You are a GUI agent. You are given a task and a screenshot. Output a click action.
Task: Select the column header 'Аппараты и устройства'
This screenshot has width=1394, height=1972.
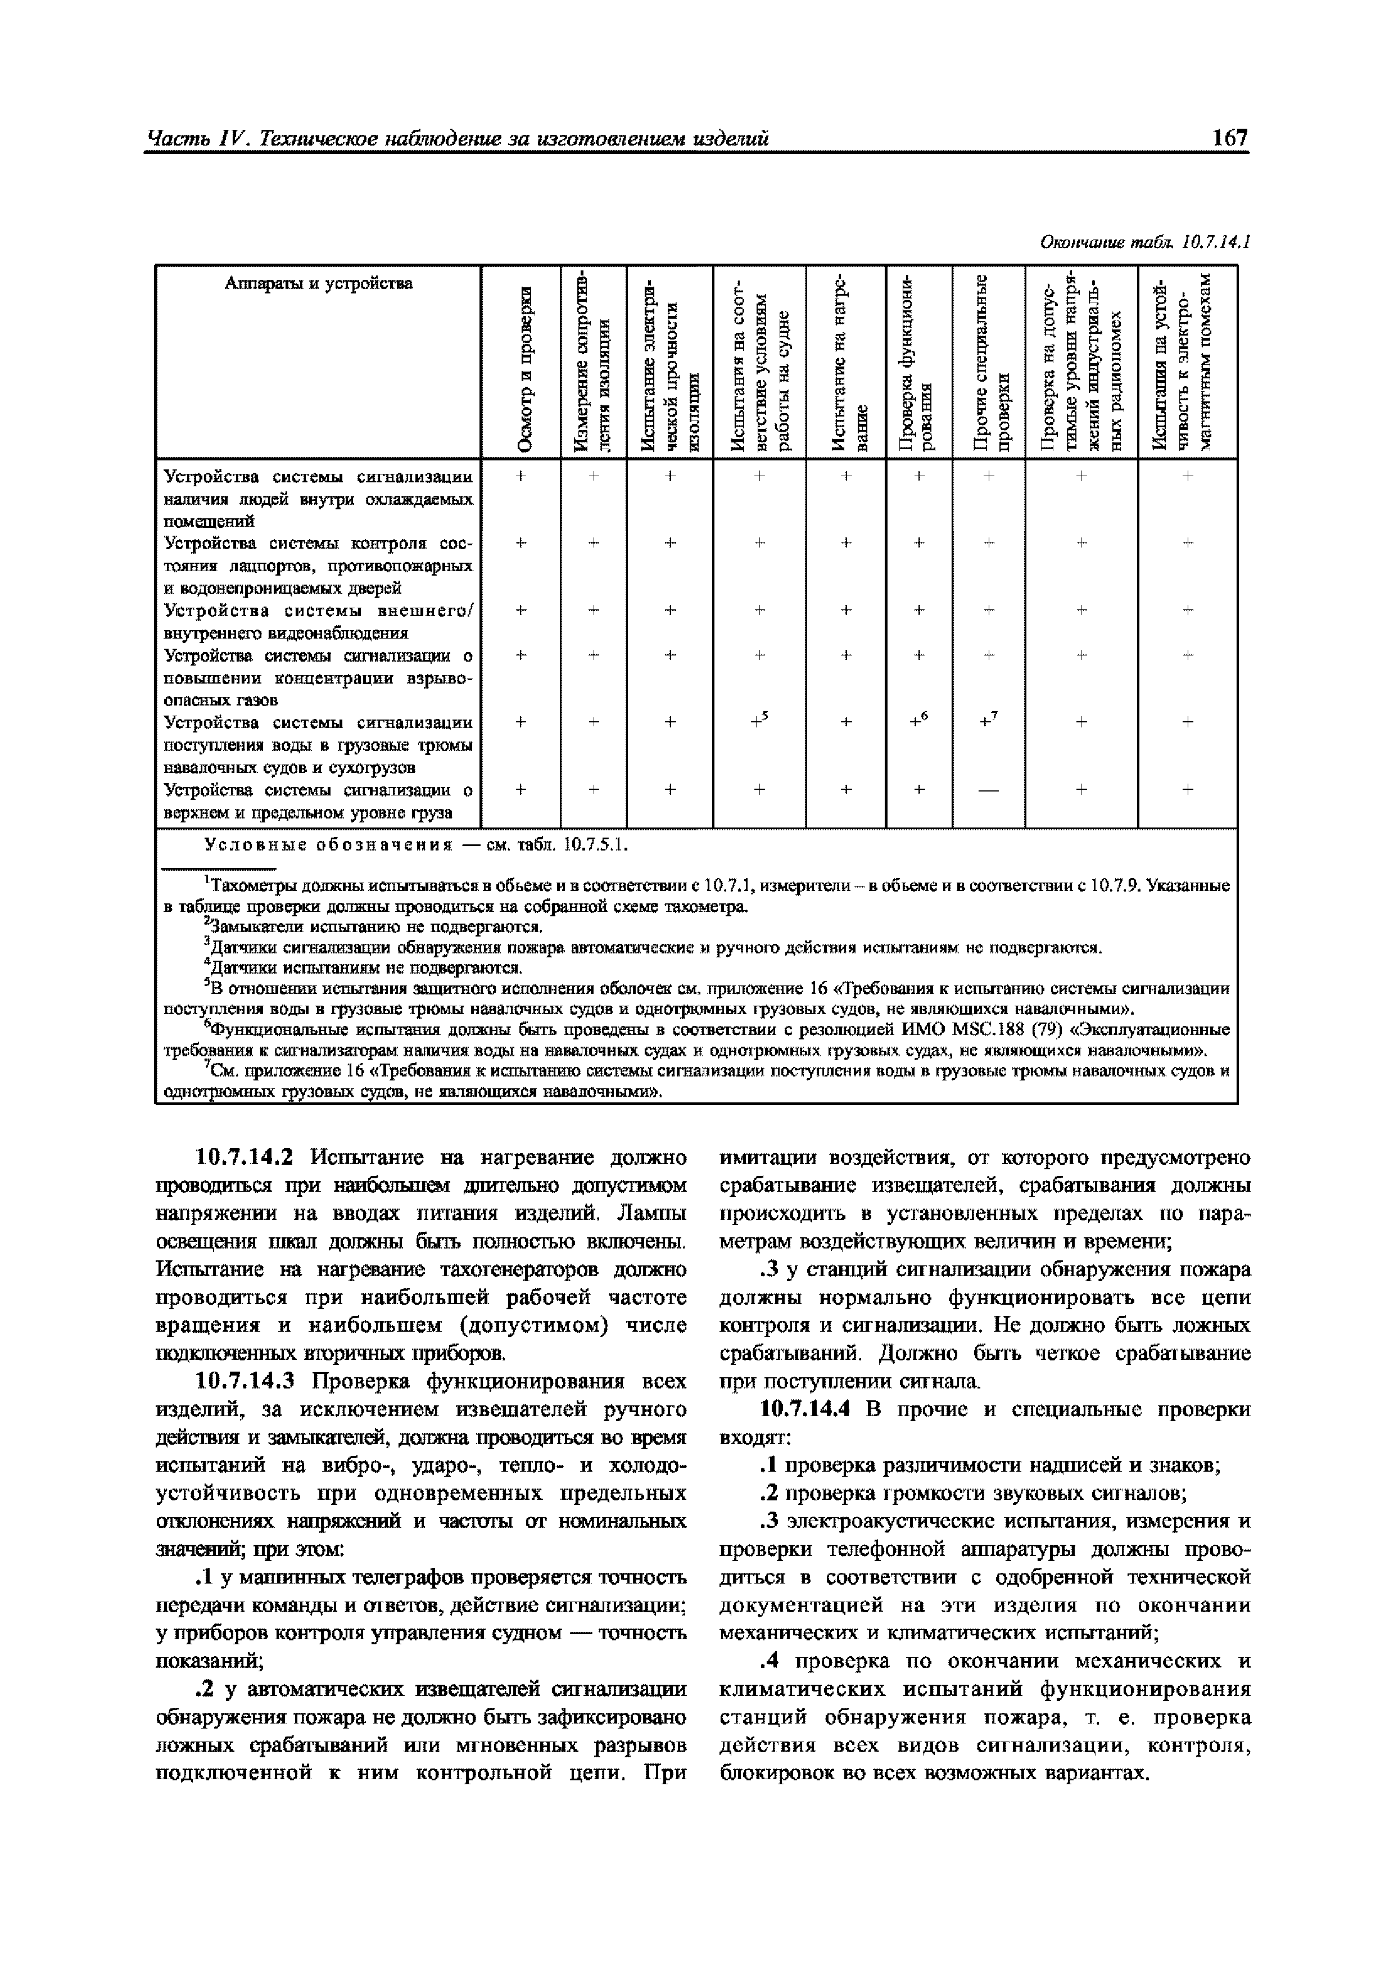click(x=318, y=283)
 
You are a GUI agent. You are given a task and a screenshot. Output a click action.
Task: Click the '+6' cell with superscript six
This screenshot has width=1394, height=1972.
click(x=920, y=721)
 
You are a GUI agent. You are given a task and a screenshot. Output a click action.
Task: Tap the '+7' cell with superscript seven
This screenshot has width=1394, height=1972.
click(x=989, y=721)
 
